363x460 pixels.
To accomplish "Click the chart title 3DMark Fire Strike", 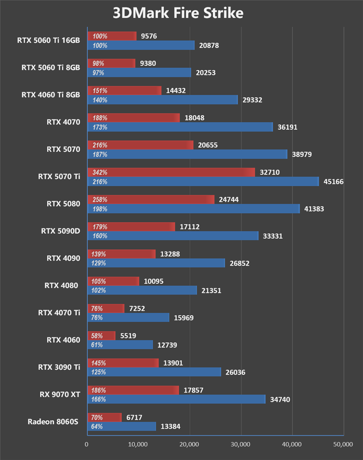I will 178,13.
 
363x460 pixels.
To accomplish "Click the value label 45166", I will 333,182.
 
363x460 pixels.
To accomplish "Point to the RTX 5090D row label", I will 60,231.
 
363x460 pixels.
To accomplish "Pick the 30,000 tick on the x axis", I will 241,444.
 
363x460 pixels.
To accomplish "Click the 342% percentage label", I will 100,173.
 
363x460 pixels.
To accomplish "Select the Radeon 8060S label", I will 53,421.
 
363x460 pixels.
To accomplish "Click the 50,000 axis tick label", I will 343,444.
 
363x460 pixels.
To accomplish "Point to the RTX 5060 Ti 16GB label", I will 49,40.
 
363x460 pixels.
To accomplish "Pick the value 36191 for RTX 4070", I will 288,127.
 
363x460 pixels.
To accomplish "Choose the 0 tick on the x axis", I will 87,444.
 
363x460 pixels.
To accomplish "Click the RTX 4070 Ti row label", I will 59,312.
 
